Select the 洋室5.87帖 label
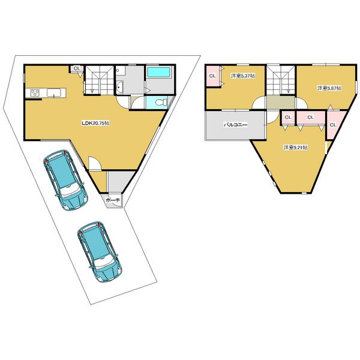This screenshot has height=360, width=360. pyautogui.click(x=329, y=88)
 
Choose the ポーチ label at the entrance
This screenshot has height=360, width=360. pyautogui.click(x=113, y=199)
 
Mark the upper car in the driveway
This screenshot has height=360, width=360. pyautogui.click(x=64, y=179)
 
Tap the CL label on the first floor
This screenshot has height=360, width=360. pyautogui.click(x=77, y=69)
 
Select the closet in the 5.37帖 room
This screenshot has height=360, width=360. pyautogui.click(x=212, y=76)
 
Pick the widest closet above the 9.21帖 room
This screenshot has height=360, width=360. pyautogui.click(x=310, y=117)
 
